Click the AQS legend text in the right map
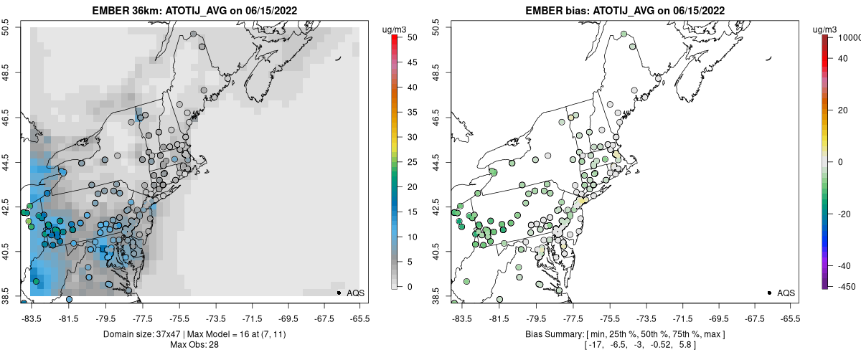pyautogui.click(x=786, y=293)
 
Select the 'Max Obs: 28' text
pyautogui.click(x=194, y=345)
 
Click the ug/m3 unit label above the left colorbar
pyautogui.click(x=396, y=30)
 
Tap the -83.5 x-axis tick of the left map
pyautogui.click(x=31, y=318)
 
